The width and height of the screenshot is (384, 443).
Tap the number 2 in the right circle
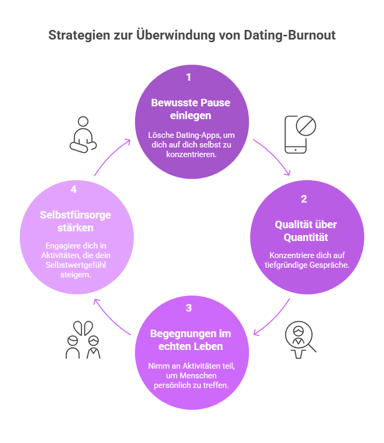304,199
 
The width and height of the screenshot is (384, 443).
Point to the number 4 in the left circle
74,190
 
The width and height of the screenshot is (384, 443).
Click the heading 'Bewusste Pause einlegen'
190,108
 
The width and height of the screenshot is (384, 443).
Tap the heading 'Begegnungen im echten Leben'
190,340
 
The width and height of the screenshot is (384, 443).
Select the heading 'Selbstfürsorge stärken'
75,221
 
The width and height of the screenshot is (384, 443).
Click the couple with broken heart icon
83,339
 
